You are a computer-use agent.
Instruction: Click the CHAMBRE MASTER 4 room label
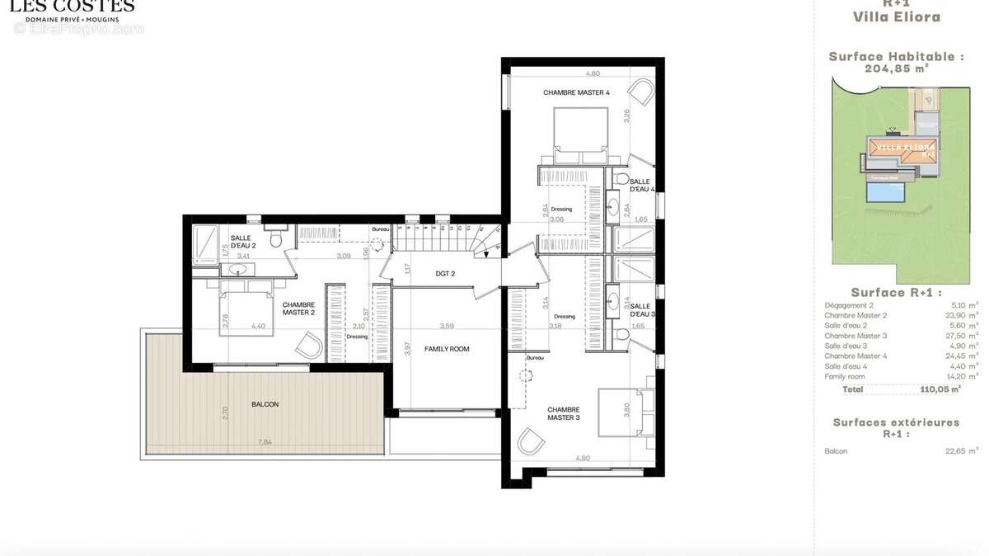click(576, 92)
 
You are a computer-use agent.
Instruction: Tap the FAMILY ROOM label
click(447, 349)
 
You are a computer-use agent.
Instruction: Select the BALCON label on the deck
click(265, 404)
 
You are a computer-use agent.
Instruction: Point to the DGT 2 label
click(446, 274)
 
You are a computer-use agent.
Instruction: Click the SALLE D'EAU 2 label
click(243, 242)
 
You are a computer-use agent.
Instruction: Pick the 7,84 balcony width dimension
click(265, 442)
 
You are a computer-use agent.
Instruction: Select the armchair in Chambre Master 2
click(310, 345)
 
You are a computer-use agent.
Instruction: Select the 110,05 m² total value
click(940, 389)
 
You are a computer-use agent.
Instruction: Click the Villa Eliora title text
click(896, 16)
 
